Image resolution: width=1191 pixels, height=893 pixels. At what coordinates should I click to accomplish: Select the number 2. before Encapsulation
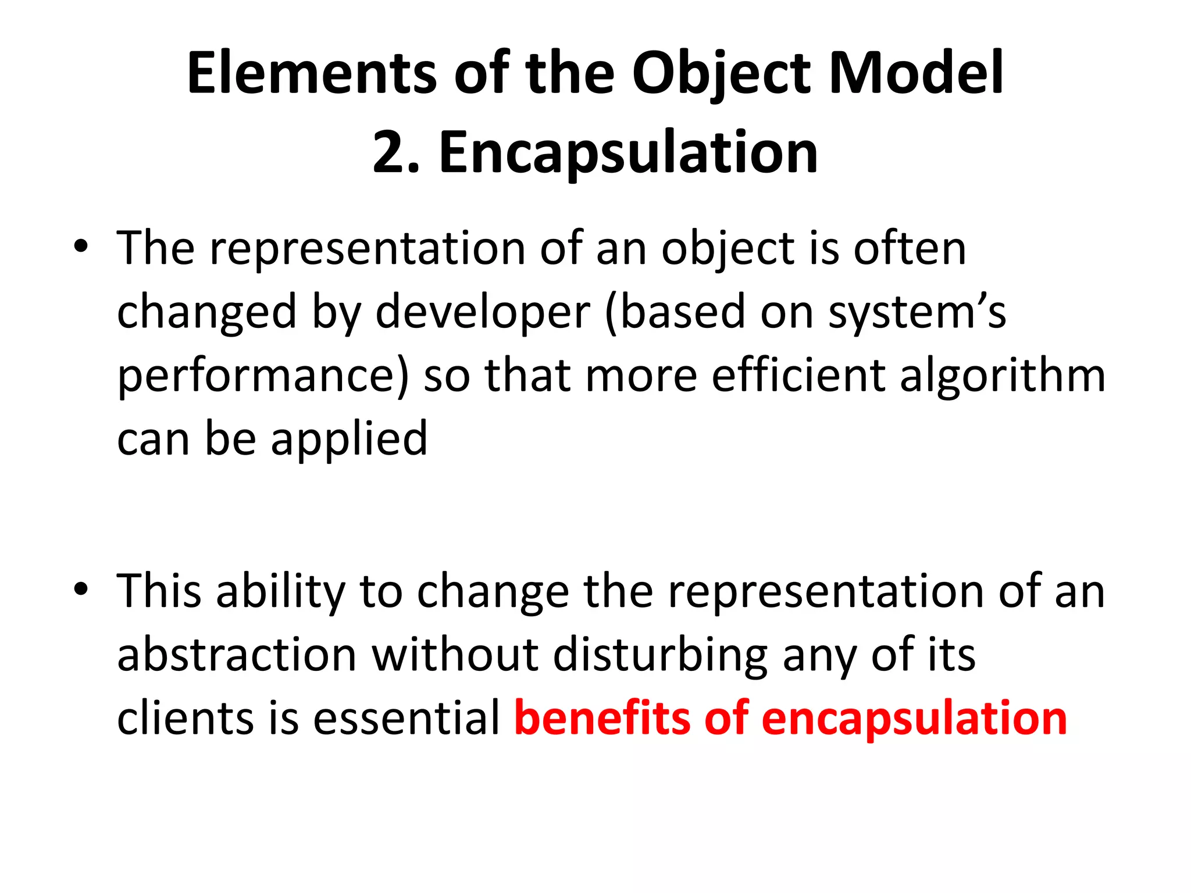tap(396, 152)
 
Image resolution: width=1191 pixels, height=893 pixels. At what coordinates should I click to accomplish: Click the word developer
tap(483, 313)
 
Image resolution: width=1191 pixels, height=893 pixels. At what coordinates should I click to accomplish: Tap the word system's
tap(917, 313)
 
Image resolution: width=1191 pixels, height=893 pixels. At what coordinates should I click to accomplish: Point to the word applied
tap(349, 440)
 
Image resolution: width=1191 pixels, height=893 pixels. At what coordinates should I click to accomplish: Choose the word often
tap(910, 248)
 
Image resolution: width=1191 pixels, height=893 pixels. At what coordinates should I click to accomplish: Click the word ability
tap(281, 592)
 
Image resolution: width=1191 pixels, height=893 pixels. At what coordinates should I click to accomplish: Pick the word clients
tap(186, 717)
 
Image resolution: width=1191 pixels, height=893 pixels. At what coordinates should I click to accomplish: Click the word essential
tap(406, 717)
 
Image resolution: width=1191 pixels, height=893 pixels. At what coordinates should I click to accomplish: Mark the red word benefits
tap(602, 717)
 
